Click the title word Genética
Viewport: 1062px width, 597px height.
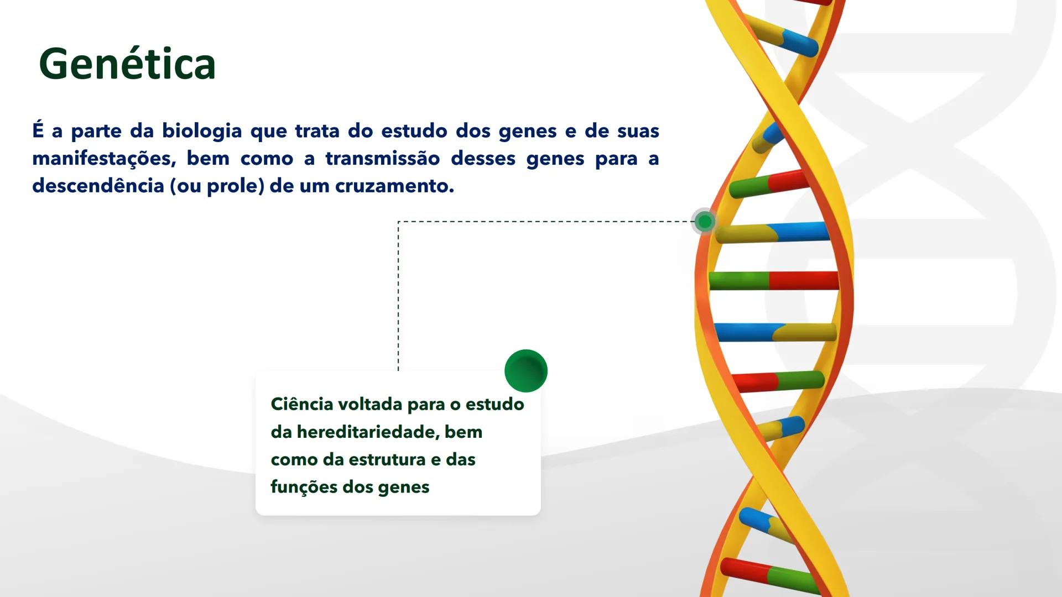pos(127,65)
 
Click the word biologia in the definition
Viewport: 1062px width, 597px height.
pos(202,132)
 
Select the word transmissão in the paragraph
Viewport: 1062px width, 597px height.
pos(382,159)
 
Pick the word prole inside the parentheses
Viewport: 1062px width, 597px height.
pos(233,186)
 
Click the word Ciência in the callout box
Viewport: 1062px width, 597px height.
pos(301,404)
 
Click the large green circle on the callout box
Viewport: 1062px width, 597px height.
pos(525,371)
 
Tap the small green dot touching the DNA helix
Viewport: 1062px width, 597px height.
pos(705,222)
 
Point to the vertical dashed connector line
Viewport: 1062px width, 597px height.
pos(398,298)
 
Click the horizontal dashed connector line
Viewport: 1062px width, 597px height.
pos(542,222)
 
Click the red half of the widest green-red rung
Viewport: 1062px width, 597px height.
pos(802,280)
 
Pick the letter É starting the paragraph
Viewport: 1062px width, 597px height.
pos(38,130)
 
